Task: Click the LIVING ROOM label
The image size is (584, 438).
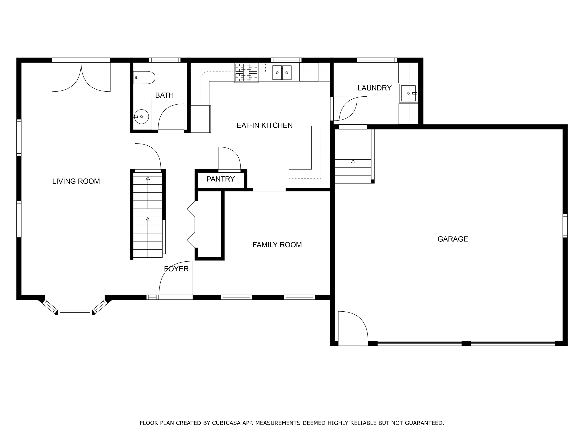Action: click(x=76, y=181)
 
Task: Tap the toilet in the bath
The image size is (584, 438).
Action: click(x=145, y=78)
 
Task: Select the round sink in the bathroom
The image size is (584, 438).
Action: click(x=141, y=116)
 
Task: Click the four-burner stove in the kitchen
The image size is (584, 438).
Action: click(x=246, y=73)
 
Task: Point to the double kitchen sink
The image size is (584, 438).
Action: click(x=282, y=73)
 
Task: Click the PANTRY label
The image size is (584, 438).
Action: click(x=221, y=179)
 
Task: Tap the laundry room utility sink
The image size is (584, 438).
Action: click(x=408, y=93)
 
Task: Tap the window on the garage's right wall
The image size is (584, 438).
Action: click(x=565, y=226)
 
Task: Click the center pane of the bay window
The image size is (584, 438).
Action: click(x=75, y=313)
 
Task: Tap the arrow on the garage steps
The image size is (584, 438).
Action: click(x=353, y=162)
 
